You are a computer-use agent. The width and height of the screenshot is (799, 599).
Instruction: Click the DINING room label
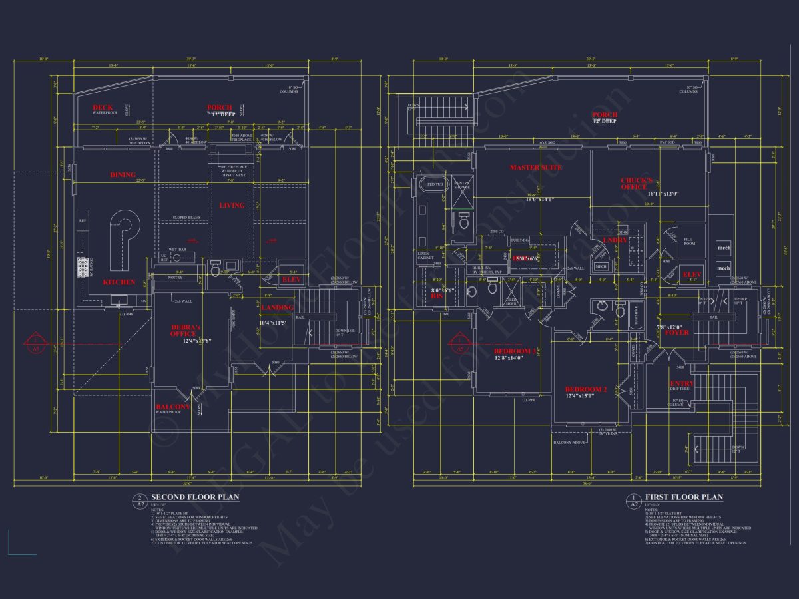coord(123,175)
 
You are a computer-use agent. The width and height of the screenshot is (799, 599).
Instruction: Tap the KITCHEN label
coord(119,282)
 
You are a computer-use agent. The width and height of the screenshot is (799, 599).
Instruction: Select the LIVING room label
coord(232,206)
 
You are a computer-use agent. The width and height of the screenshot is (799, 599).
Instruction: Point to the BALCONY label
coord(173,407)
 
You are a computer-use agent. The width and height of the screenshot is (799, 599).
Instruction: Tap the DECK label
coord(103,108)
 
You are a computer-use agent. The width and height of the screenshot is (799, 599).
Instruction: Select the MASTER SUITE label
coord(536,168)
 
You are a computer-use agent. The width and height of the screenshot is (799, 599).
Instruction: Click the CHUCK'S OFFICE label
coord(637,184)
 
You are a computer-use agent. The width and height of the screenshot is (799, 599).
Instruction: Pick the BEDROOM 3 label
coord(515,351)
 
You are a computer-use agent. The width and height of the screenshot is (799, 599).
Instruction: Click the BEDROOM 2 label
coord(586,389)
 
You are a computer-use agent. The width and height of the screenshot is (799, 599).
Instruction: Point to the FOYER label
coord(677,333)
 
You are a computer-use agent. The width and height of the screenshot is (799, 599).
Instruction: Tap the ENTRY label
coord(682,384)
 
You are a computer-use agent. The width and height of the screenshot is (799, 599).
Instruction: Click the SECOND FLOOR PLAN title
coord(195,497)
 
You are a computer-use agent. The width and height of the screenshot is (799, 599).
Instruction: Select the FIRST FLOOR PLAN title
coord(684,497)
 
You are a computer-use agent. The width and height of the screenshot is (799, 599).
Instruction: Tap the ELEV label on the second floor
coord(292,280)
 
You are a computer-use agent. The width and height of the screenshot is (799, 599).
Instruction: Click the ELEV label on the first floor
coord(692,274)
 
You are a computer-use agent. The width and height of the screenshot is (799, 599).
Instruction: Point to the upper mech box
coord(724,248)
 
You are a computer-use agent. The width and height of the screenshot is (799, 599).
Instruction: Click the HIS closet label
coord(437,296)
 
